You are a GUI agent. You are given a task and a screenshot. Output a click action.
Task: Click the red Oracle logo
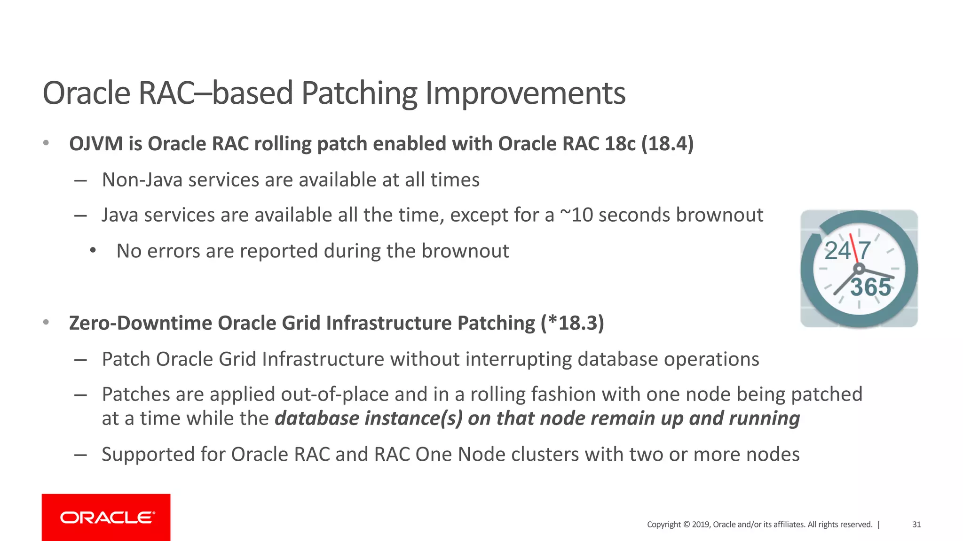point(106,517)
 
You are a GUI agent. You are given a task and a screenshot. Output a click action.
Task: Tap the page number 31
point(916,525)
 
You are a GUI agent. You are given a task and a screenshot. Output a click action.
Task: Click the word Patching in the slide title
point(359,93)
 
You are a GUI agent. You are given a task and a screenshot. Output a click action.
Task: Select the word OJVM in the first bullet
point(96,144)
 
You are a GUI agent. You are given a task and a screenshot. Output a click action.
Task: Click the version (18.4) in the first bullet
point(667,144)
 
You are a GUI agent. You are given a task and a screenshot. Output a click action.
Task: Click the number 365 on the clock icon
point(870,287)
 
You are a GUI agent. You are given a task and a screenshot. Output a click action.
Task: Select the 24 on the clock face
point(837,251)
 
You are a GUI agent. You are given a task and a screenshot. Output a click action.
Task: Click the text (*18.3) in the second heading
point(572,323)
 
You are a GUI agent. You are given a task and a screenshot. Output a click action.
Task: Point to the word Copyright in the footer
point(663,525)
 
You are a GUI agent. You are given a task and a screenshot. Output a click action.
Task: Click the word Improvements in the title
point(525,93)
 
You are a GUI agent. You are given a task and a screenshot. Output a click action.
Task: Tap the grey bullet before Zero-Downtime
point(46,323)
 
